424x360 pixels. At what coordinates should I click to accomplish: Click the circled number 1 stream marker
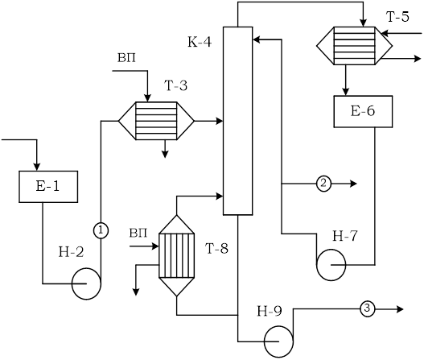[101, 231]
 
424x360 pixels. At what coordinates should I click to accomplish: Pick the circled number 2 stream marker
[323, 184]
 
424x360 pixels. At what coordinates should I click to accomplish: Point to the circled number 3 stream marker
[367, 308]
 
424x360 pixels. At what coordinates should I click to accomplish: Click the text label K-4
[200, 42]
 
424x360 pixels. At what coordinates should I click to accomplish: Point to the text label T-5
[397, 17]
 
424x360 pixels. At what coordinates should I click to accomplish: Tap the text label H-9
[270, 312]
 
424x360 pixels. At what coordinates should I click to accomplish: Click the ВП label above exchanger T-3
[126, 58]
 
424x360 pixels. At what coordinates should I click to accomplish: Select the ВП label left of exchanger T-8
[138, 233]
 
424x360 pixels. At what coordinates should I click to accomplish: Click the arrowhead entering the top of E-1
[36, 167]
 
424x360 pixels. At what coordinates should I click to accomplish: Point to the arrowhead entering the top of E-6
[346, 92]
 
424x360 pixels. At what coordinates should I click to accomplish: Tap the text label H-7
[345, 236]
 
